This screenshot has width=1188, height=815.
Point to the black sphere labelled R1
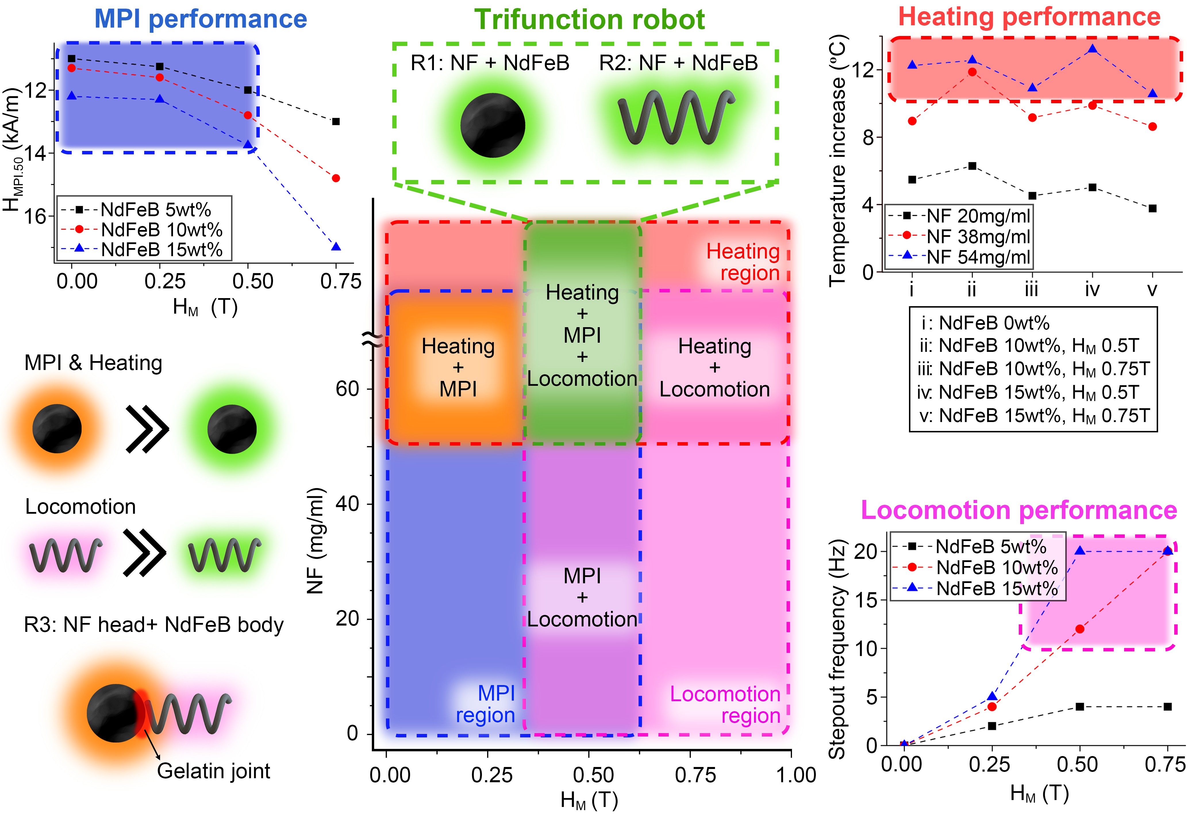[x=492, y=125]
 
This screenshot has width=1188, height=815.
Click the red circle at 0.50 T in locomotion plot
[x=1080, y=629]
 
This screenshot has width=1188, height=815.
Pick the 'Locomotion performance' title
[x=1019, y=510]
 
